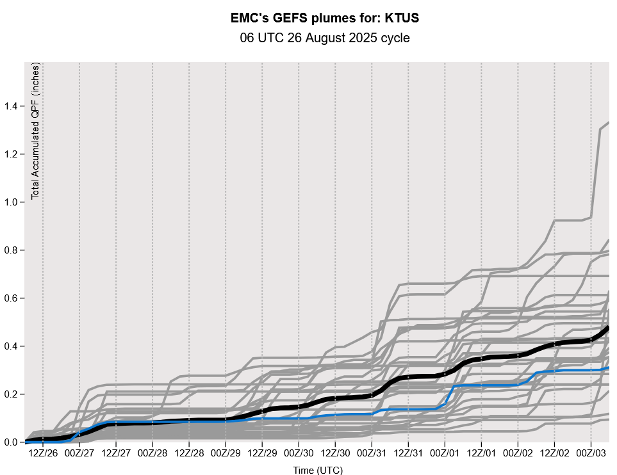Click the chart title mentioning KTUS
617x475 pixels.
(324, 19)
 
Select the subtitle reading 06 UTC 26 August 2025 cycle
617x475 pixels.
(324, 38)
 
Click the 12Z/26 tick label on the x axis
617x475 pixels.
(42, 453)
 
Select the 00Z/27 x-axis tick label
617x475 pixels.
(79, 453)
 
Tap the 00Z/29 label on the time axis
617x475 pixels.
(226, 453)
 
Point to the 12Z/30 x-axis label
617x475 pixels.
(335, 453)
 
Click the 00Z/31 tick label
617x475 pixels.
(372, 453)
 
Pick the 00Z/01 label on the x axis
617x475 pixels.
(445, 453)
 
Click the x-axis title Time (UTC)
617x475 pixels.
(318, 471)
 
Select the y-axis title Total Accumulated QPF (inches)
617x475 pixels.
(36, 131)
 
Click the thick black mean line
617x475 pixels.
(410, 377)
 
